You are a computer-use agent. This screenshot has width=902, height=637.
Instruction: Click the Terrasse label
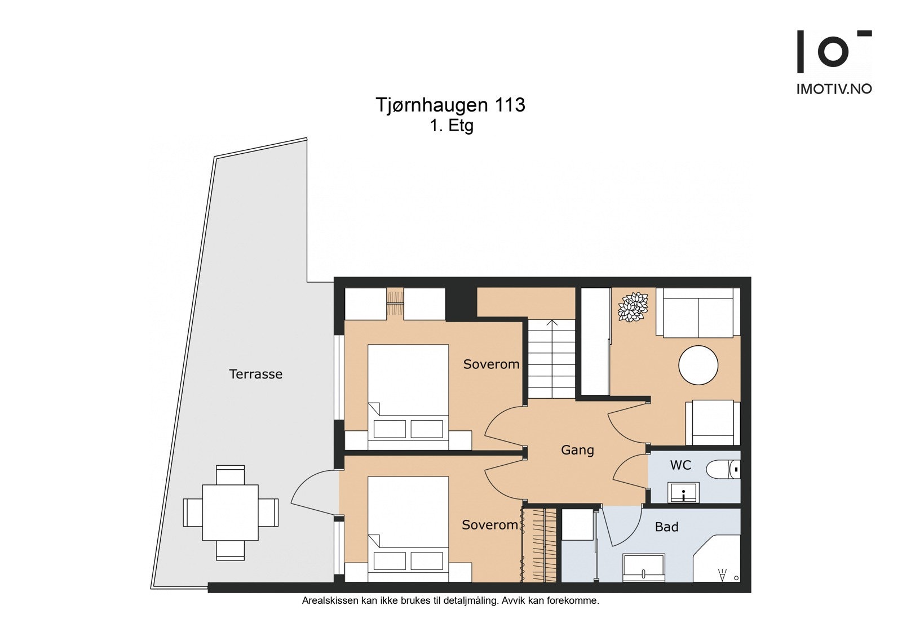[256, 374]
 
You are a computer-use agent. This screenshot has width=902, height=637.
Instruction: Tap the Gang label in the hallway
[577, 450]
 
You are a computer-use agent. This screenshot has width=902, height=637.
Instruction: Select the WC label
[680, 465]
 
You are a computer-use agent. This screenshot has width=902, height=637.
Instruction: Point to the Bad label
[666, 527]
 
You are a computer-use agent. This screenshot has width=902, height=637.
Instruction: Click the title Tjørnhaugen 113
[450, 105]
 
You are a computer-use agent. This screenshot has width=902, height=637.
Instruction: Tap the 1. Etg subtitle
[452, 126]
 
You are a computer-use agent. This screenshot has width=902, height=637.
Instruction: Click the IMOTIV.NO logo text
[834, 89]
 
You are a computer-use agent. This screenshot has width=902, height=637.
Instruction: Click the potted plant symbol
[633, 307]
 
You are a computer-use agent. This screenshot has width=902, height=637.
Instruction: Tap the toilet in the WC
[724, 469]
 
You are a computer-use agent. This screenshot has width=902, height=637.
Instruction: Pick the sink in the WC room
[683, 492]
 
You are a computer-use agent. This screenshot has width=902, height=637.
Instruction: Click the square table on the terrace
[231, 513]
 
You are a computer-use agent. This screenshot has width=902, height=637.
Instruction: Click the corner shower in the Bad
[717, 559]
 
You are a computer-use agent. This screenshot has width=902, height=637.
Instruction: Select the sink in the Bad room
[643, 568]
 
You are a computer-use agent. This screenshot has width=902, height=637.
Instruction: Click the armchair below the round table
[713, 422]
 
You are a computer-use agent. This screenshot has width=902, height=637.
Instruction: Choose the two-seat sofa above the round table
[698, 313]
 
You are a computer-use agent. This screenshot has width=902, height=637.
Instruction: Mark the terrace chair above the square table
[231, 475]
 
